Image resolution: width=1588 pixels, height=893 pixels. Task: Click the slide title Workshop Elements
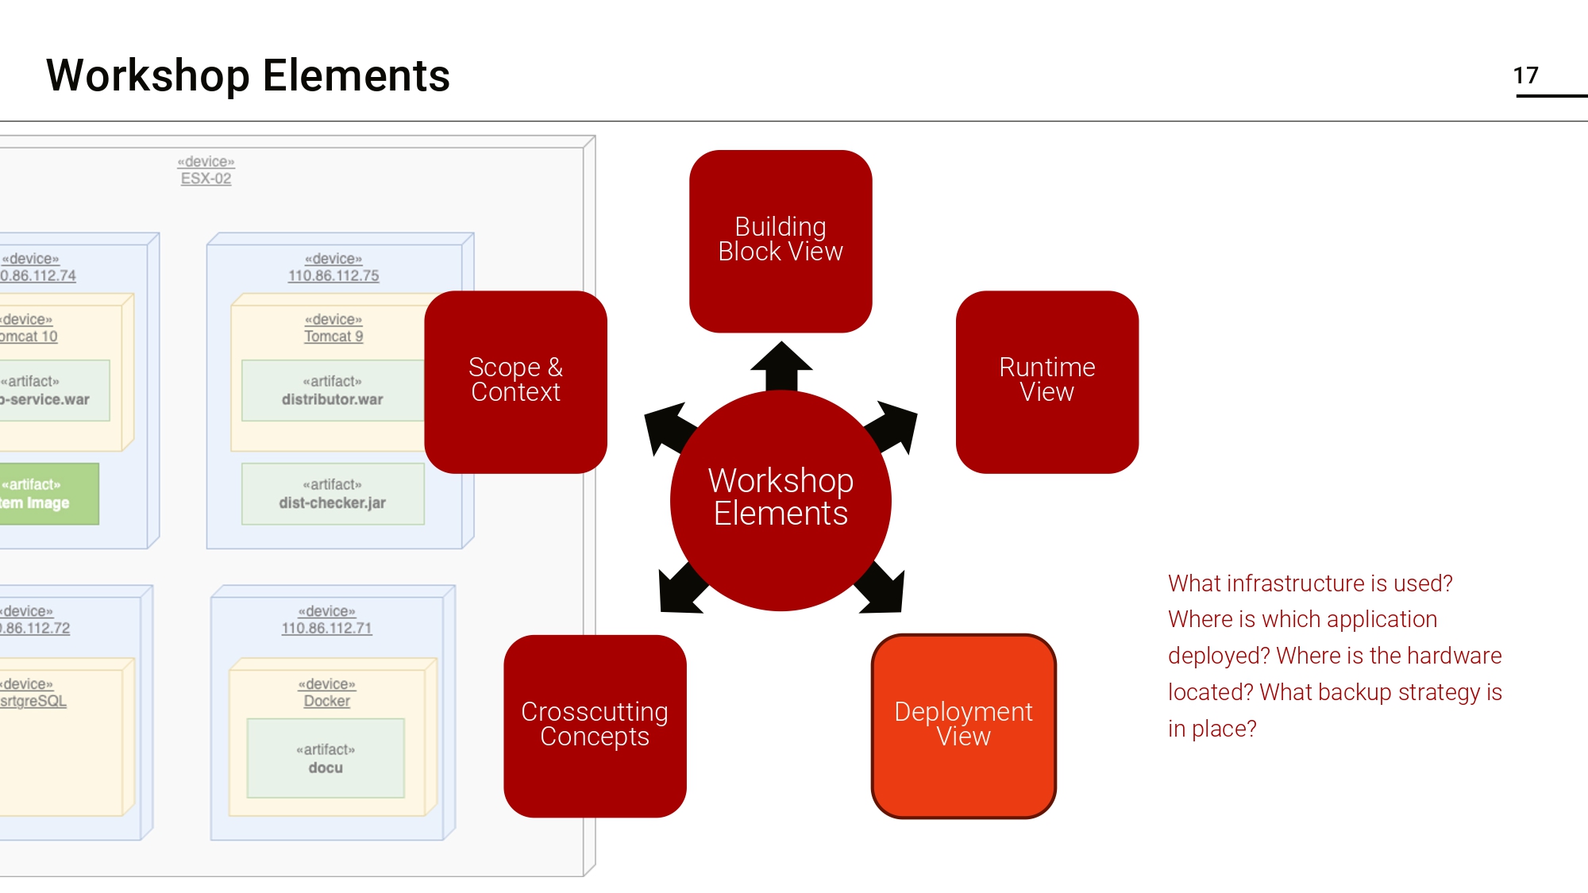(248, 76)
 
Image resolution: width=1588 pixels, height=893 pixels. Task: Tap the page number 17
(1525, 75)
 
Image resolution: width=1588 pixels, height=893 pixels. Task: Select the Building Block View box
(781, 241)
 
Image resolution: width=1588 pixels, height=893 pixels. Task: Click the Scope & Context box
(515, 381)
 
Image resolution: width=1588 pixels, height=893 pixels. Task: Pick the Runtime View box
(1046, 381)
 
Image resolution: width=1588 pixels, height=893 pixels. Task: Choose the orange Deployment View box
(963, 725)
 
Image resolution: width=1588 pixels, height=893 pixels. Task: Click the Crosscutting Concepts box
(595, 725)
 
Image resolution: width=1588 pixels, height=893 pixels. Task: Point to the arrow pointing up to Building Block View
(781, 365)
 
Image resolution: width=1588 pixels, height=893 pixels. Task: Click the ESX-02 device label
(206, 179)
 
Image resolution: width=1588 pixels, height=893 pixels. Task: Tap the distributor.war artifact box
(333, 391)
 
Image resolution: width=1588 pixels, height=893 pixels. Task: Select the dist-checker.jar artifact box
(333, 495)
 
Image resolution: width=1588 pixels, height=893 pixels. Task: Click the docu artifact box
(326, 759)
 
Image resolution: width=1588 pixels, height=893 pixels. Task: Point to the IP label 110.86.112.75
(333, 275)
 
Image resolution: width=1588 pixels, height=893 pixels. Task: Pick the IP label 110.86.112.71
(326, 628)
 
